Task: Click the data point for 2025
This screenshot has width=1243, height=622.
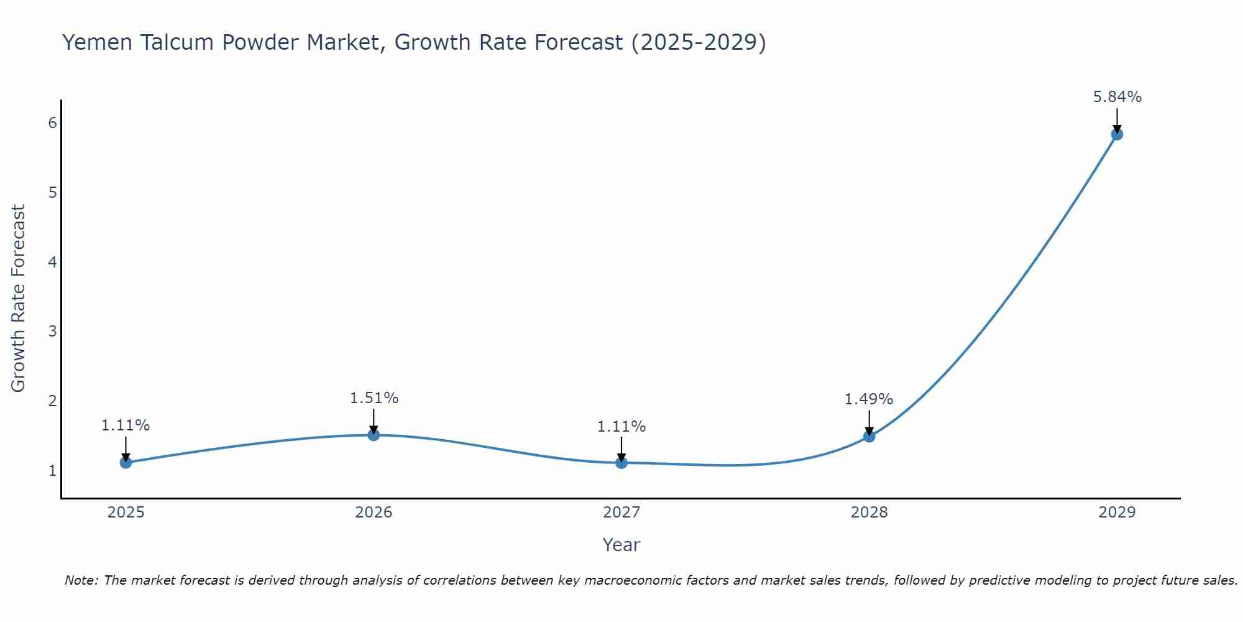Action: tap(126, 462)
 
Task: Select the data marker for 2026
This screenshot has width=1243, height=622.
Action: tap(374, 435)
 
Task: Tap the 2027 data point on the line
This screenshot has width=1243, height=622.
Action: tap(621, 462)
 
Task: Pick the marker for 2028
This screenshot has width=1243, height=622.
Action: tap(869, 436)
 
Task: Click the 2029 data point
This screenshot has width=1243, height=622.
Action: tap(1117, 134)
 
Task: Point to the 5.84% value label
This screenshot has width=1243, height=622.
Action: tap(1117, 97)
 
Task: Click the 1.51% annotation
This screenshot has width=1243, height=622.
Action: tap(374, 398)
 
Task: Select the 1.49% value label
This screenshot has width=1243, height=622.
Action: tap(868, 399)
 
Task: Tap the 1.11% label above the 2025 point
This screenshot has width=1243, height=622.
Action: tap(126, 425)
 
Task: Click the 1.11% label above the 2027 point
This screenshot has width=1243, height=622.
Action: tap(621, 427)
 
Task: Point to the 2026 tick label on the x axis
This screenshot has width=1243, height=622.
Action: tap(374, 513)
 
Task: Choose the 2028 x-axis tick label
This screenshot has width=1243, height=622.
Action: tap(869, 513)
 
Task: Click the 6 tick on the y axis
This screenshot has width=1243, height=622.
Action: tap(53, 123)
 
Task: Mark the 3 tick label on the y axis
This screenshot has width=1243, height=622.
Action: tap(53, 331)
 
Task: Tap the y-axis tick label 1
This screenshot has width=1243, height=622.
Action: tap(53, 470)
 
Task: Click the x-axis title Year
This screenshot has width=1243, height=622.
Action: tap(621, 545)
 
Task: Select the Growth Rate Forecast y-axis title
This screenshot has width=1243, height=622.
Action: tap(19, 299)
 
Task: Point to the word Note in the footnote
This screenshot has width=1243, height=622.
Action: tap(81, 580)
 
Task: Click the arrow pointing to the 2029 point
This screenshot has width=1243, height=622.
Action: tap(1117, 119)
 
